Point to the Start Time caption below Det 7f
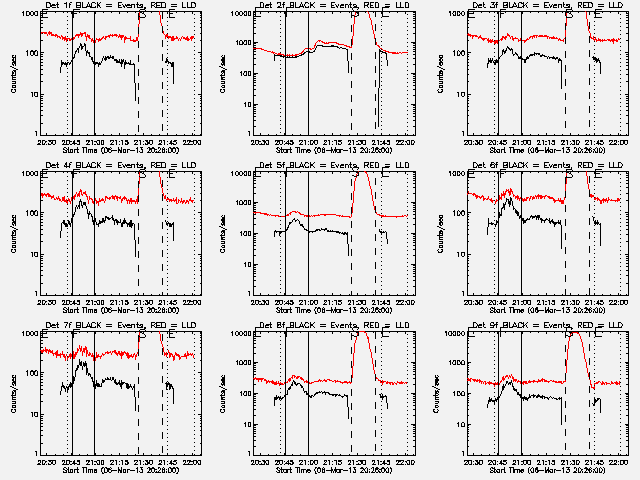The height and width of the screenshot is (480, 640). (119, 471)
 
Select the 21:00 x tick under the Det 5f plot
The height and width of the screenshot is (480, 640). (307, 303)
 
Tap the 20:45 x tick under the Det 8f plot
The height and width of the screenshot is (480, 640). (283, 463)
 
